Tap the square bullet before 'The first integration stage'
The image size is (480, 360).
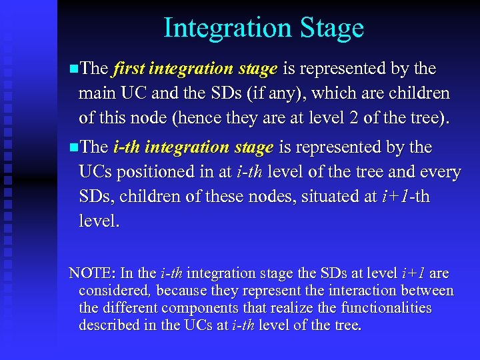(x=73, y=69)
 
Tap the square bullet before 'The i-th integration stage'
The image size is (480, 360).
(x=73, y=147)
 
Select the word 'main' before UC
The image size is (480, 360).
(x=96, y=93)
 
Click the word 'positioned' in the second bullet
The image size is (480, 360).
(x=157, y=171)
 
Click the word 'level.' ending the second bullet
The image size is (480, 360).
(x=99, y=221)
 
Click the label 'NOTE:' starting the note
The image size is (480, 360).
(x=92, y=273)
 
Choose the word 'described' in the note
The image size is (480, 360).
(x=109, y=325)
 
